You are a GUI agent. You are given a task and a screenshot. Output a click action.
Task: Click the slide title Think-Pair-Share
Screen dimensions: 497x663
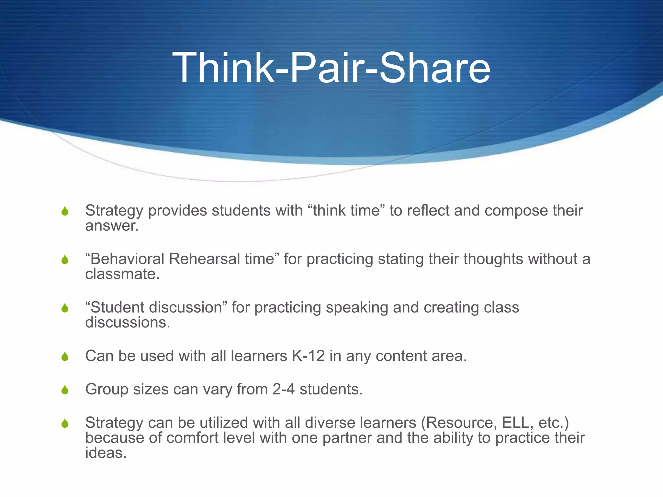pos(331,69)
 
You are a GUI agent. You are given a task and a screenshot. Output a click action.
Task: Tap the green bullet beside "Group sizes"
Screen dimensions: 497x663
pos(65,390)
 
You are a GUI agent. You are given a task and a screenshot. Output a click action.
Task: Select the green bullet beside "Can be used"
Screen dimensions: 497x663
pos(65,357)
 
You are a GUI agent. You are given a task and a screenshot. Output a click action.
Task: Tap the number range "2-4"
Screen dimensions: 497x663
pos(283,389)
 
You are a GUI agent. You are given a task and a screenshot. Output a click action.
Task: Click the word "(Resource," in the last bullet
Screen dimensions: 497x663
pos(459,423)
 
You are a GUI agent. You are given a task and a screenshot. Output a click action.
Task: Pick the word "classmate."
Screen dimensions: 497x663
pos(122,274)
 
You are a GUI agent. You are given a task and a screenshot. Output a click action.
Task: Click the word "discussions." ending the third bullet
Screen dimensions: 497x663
pos(128,323)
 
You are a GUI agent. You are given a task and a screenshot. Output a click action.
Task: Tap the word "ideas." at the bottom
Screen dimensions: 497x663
pos(106,453)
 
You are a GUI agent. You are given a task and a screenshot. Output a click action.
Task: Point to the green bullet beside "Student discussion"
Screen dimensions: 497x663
pos(65,308)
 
